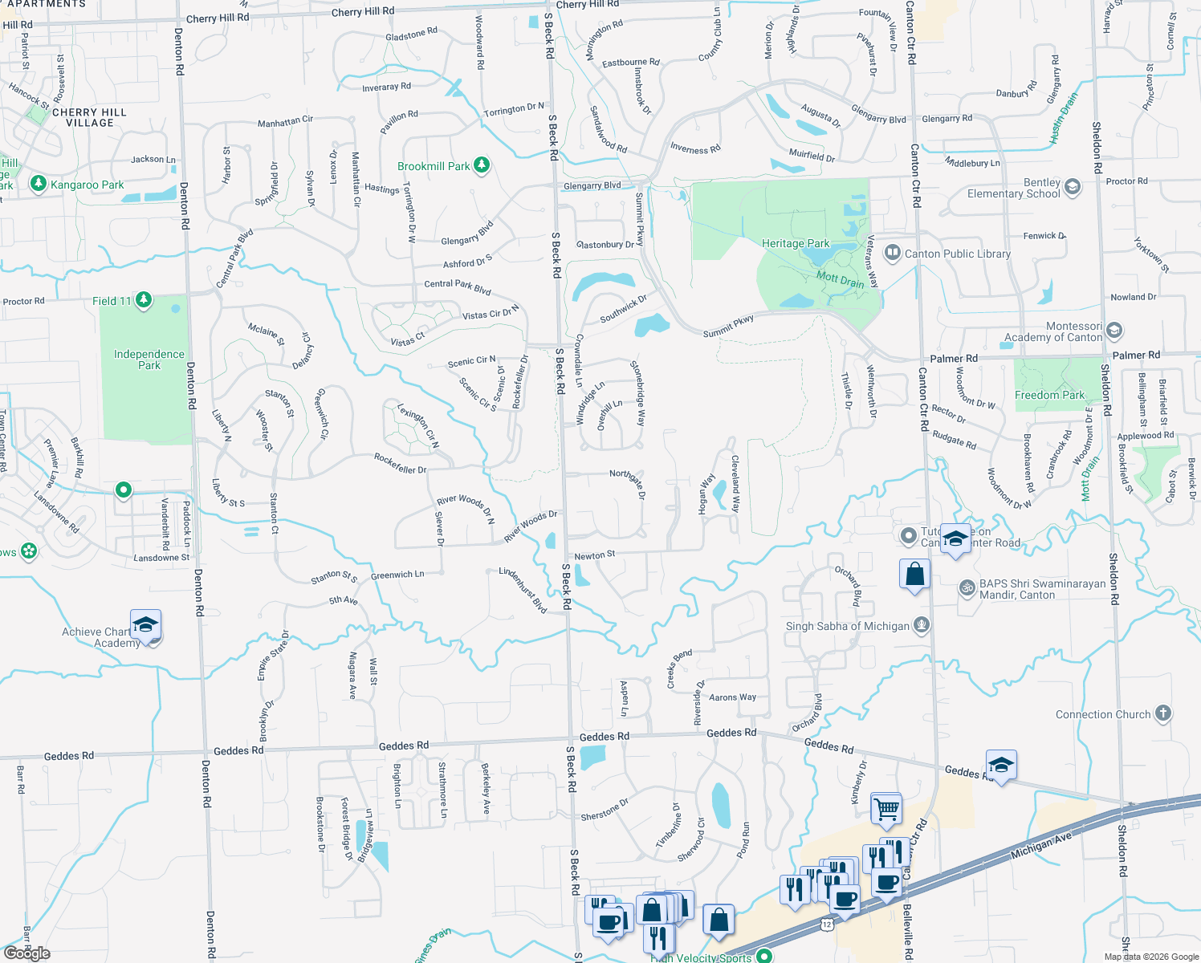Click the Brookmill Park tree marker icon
point(482,165)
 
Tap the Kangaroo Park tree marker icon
point(38,184)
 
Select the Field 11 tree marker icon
point(144,300)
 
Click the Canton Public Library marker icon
point(892,254)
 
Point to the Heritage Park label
point(795,243)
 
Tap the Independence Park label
point(149,360)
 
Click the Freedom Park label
point(1049,395)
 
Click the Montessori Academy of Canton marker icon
point(1114,331)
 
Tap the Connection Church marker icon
point(1162,713)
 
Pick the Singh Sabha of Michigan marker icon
point(922,624)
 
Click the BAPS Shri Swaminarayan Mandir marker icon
point(967,588)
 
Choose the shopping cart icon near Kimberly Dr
point(886,809)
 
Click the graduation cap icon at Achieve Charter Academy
point(145,624)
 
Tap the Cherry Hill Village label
point(89,117)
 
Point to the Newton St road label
point(595,555)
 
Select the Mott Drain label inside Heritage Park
point(840,280)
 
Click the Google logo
point(26,953)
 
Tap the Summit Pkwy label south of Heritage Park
point(728,326)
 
